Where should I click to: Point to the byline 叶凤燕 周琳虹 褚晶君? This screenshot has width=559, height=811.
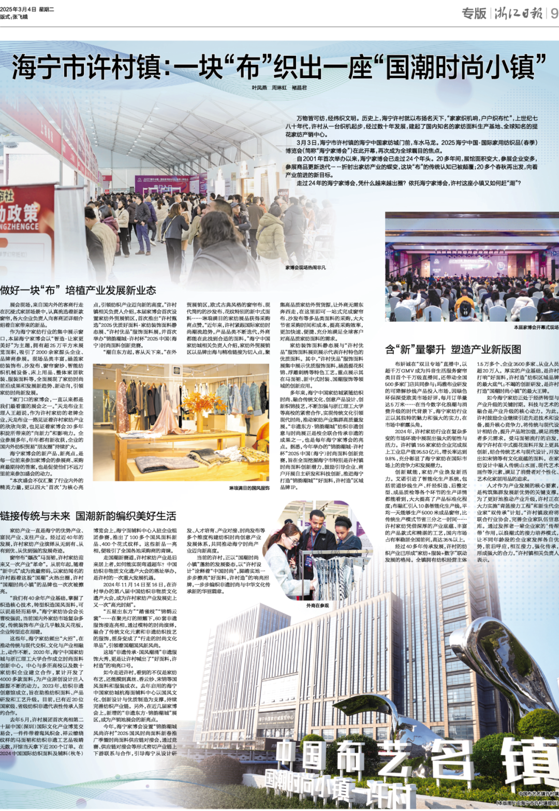(x=279, y=88)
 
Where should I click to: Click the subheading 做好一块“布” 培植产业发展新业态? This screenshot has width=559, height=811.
(x=78, y=291)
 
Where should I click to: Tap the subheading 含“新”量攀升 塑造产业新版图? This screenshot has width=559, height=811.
(x=453, y=350)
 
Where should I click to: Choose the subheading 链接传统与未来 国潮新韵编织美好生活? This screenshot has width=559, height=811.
(x=89, y=516)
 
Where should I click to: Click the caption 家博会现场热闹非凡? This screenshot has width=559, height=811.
(x=305, y=268)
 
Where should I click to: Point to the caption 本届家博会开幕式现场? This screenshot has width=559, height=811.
(x=536, y=327)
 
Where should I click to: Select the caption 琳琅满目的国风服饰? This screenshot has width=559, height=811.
(x=249, y=488)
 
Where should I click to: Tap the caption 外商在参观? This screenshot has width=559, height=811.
(x=317, y=605)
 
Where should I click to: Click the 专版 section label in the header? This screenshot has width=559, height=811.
(x=474, y=13)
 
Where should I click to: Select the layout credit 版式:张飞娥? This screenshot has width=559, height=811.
(x=14, y=17)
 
